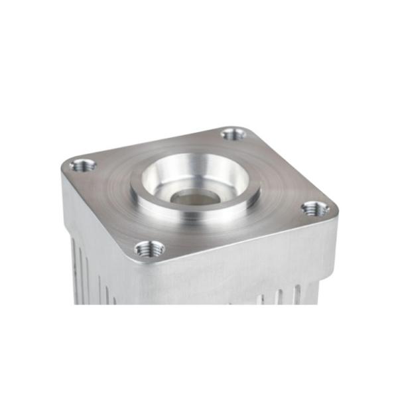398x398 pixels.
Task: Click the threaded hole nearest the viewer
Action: tap(149, 249)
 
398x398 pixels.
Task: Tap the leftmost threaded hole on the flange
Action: tap(83, 165)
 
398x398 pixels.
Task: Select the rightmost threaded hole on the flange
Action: tap(315, 209)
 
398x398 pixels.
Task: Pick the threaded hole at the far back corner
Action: tap(233, 134)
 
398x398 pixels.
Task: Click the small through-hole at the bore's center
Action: tap(195, 196)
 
